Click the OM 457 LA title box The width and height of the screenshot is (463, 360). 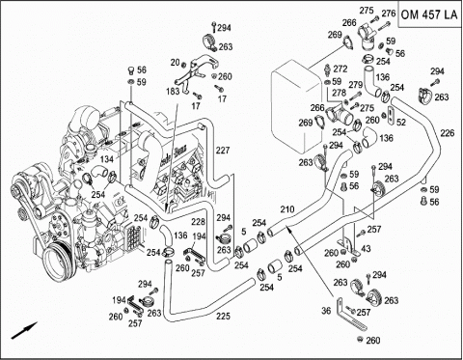[x=429, y=14]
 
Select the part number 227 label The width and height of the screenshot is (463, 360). [x=223, y=151]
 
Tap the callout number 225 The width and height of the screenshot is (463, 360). [x=223, y=316]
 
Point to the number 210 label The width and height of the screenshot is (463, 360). [x=287, y=209]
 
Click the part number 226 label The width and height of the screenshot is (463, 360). [x=448, y=133]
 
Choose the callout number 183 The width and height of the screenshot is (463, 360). [x=173, y=92]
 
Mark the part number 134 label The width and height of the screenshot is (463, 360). [x=106, y=158]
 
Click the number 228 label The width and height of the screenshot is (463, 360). [x=198, y=222]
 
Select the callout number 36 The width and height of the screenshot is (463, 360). [x=326, y=311]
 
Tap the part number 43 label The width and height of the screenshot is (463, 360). [x=366, y=249]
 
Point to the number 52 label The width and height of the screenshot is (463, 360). [x=401, y=123]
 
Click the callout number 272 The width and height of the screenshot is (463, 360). [x=340, y=69]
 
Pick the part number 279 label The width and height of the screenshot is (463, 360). [x=355, y=85]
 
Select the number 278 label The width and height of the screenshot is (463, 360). [x=340, y=93]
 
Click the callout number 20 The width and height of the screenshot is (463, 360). [x=175, y=62]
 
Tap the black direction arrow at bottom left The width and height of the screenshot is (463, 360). [x=25, y=330]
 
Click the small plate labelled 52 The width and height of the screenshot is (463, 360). [x=391, y=116]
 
